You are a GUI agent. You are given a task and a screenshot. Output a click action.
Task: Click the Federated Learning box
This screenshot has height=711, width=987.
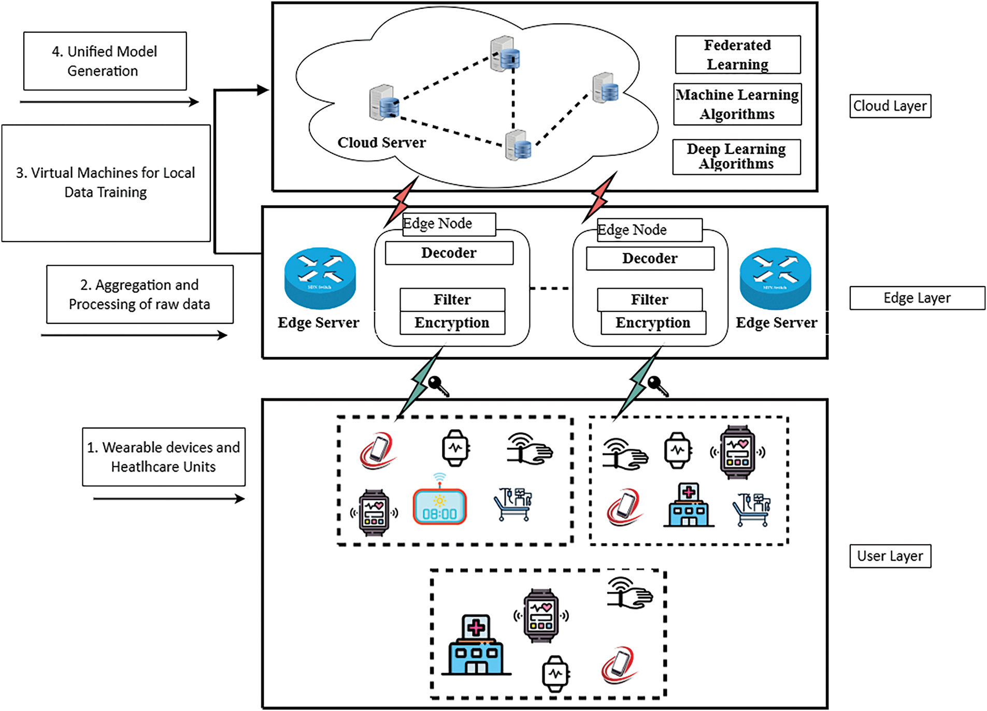point(737,55)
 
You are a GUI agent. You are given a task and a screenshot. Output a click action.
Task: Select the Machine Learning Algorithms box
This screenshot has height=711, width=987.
point(737,104)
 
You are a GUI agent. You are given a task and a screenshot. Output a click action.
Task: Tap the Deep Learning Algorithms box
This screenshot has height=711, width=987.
point(736,157)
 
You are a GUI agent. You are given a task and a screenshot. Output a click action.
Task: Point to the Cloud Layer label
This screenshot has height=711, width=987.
point(890,106)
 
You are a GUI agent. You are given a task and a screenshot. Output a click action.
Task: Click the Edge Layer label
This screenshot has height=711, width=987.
point(917,298)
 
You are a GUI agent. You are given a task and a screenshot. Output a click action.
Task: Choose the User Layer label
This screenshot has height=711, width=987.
point(890,556)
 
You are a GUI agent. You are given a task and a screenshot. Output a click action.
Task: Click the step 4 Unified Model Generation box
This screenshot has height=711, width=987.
point(105,61)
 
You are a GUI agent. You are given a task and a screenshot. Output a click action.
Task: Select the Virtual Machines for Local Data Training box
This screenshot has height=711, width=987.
point(106,183)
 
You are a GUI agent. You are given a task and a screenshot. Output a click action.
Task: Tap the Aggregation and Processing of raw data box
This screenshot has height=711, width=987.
point(139,294)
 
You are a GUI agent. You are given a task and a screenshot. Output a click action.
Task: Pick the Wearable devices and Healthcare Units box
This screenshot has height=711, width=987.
point(163,457)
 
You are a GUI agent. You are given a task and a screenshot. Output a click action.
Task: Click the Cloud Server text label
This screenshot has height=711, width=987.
point(381,143)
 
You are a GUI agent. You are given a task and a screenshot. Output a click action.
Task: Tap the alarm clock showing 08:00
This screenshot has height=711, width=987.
point(439,505)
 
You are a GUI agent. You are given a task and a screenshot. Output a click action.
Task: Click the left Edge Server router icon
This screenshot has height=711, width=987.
point(320,278)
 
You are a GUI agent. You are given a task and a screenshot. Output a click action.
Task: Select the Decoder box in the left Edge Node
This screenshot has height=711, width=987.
point(449,253)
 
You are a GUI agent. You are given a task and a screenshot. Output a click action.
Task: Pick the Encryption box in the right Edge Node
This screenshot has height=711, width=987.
point(653,323)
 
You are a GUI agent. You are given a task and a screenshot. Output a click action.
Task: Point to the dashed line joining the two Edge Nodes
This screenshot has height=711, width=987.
point(551,288)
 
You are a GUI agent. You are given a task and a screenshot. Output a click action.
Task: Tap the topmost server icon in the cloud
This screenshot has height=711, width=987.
point(505,53)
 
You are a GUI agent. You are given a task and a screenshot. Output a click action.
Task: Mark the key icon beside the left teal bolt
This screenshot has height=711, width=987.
point(438,386)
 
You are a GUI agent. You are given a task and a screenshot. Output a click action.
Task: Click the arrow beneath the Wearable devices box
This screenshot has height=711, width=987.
point(168,499)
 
